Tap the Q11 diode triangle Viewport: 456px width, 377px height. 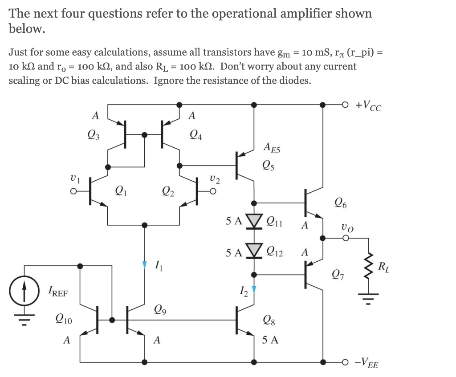[254, 221]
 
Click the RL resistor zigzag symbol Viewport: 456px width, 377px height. [368, 266]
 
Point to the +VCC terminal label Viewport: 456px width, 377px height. [368, 105]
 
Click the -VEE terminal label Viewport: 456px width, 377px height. [366, 363]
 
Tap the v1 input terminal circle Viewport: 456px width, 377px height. [74, 191]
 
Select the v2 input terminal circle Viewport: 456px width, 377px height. [213, 191]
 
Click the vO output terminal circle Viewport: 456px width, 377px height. [346, 238]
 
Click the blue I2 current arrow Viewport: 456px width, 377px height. [254, 289]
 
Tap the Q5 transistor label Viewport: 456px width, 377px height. [268, 166]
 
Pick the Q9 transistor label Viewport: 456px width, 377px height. [160, 310]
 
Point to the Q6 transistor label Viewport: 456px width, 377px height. [341, 203]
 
